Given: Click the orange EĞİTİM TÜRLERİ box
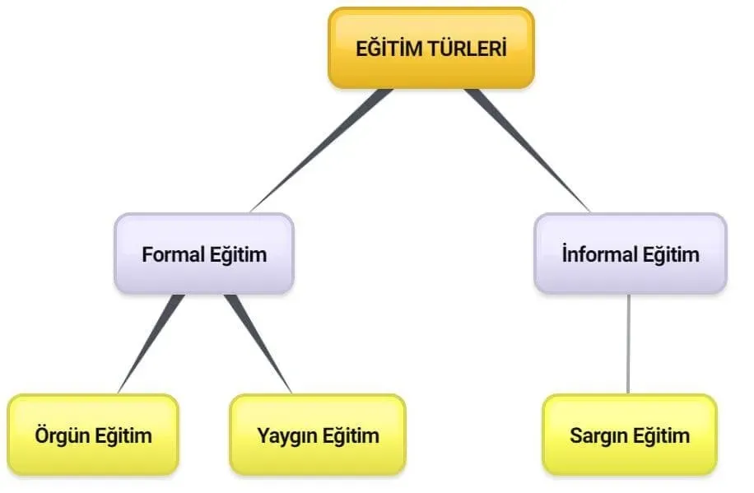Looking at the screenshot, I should [431, 48].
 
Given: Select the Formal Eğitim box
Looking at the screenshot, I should [204, 253].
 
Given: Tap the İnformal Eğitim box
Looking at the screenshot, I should [631, 253].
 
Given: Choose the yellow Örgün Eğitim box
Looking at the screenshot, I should [93, 435].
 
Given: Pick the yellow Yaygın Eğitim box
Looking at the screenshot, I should [318, 435].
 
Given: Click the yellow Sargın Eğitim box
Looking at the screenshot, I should [630, 435].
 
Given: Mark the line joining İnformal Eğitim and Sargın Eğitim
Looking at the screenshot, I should [629, 344].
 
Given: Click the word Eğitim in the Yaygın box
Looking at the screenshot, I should [351, 435].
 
